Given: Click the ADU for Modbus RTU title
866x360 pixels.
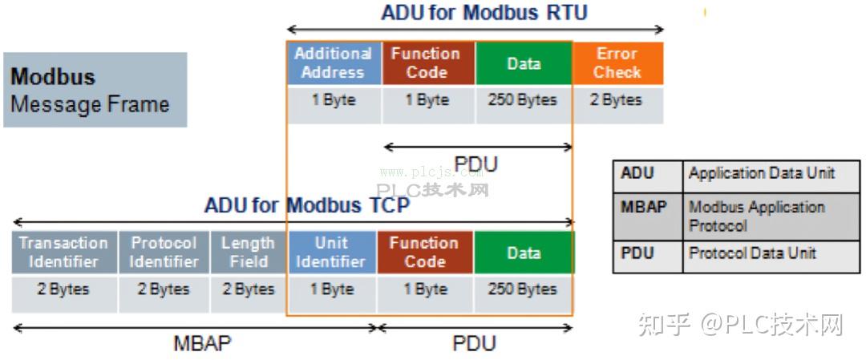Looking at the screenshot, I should pyautogui.click(x=484, y=13).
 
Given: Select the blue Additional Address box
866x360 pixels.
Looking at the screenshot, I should pyautogui.click(x=333, y=63).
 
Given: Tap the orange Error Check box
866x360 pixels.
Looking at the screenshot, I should pyautogui.click(x=617, y=63).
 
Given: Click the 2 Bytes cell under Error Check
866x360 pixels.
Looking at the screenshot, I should pyautogui.click(x=617, y=101).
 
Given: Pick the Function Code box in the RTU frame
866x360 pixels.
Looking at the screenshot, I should pyautogui.click(x=426, y=63).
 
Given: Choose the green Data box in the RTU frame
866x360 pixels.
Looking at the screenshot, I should pyautogui.click(x=524, y=63).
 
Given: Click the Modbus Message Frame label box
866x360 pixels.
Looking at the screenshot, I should pyautogui.click(x=95, y=90).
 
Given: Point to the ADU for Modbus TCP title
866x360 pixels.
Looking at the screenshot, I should pyautogui.click(x=307, y=205).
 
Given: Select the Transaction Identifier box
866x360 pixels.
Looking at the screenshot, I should pyautogui.click(x=63, y=252).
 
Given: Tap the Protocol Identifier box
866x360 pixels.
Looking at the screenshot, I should pyautogui.click(x=164, y=252).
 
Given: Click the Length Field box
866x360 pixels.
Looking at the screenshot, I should pyautogui.click(x=248, y=252).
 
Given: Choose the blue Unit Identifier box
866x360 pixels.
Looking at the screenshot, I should pyautogui.click(x=331, y=252).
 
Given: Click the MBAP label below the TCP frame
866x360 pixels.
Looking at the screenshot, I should pyautogui.click(x=202, y=344).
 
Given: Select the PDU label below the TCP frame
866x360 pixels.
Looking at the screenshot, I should pyautogui.click(x=474, y=344).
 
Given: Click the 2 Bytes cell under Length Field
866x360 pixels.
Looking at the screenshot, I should pyautogui.click(x=248, y=289).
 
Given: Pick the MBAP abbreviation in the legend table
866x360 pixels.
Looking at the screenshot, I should pyautogui.click(x=644, y=208).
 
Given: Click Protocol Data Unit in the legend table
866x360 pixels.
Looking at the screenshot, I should pyautogui.click(x=752, y=253).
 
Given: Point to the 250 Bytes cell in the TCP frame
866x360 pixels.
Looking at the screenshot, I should pyautogui.click(x=522, y=289).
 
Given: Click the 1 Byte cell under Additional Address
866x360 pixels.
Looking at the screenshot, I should pyautogui.click(x=333, y=101).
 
